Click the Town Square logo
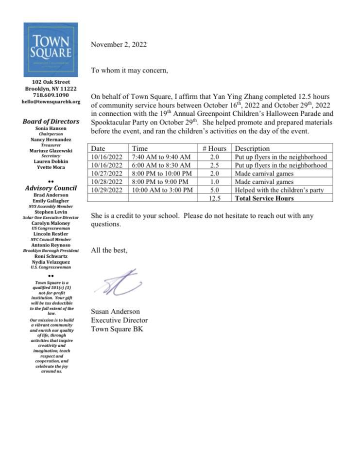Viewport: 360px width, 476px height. (x=51, y=50)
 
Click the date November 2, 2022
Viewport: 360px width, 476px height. (x=119, y=45)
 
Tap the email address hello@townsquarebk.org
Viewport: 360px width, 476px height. (x=51, y=102)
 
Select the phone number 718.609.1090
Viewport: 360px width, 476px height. (x=51, y=95)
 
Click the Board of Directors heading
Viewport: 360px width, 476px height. (x=51, y=122)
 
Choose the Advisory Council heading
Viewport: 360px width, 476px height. (x=51, y=188)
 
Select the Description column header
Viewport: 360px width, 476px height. (x=252, y=148)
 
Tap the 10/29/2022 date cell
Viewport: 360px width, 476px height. (x=108, y=190)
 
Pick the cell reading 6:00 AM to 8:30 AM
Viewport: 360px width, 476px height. (x=158, y=165)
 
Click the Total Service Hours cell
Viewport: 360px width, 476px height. (x=264, y=198)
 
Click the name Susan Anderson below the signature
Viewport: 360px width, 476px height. (x=115, y=311)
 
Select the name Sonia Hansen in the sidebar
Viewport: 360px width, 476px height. (x=51, y=128)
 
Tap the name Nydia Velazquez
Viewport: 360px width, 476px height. (x=51, y=262)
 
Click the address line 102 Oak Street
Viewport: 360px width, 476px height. (x=51, y=82)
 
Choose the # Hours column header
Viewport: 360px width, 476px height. (x=215, y=148)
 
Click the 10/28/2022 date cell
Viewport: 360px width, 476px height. (x=108, y=182)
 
